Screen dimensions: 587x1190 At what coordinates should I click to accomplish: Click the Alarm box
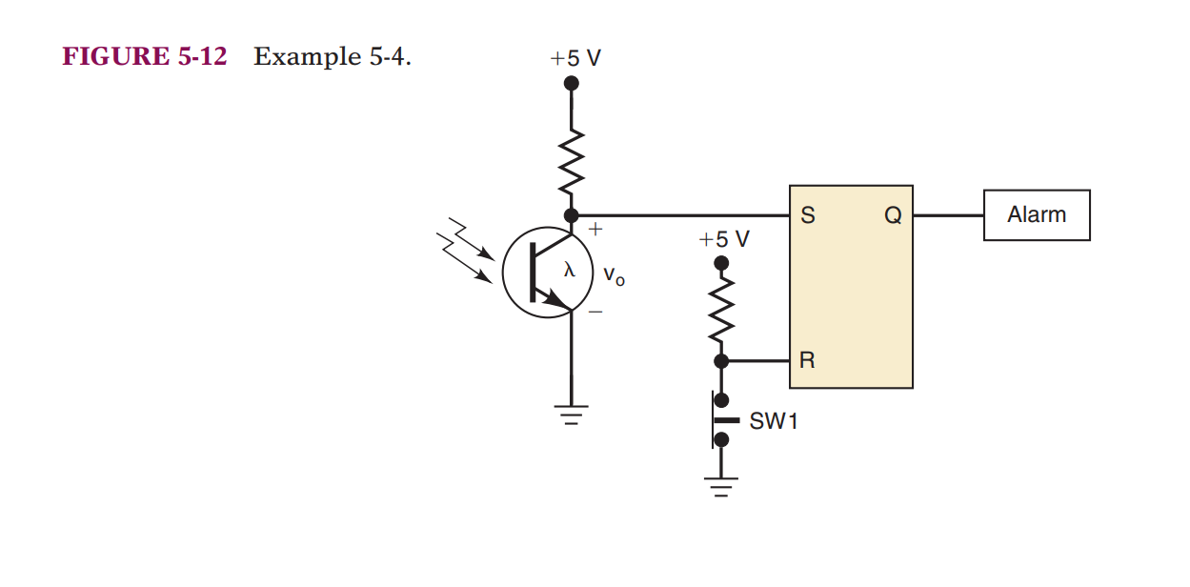pyautogui.click(x=1037, y=215)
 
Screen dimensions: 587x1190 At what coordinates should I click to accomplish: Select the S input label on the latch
pyautogui.click(x=807, y=216)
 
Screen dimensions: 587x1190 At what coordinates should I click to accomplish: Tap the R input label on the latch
pyautogui.click(x=807, y=361)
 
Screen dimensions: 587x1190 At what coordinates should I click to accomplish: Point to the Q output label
pyautogui.click(x=892, y=216)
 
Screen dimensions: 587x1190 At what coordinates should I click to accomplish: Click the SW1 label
pyautogui.click(x=773, y=421)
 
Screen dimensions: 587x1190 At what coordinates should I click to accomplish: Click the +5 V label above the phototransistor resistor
pyautogui.click(x=575, y=58)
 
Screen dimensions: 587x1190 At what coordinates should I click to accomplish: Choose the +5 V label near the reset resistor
pyautogui.click(x=724, y=238)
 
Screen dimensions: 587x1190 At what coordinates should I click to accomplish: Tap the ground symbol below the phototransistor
pyautogui.click(x=571, y=415)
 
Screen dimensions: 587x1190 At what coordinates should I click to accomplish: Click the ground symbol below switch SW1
pyautogui.click(x=721, y=488)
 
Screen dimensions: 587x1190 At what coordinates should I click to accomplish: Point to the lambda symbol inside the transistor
pyautogui.click(x=569, y=270)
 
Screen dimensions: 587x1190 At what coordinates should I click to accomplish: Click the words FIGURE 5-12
pyautogui.click(x=145, y=57)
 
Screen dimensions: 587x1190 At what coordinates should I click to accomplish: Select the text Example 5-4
pyautogui.click(x=332, y=57)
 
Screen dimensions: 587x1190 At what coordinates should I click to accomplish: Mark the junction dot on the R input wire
pyautogui.click(x=721, y=361)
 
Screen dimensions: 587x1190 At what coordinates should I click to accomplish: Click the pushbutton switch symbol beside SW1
pyautogui.click(x=720, y=420)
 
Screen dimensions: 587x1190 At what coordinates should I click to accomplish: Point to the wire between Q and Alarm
pyautogui.click(x=948, y=216)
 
